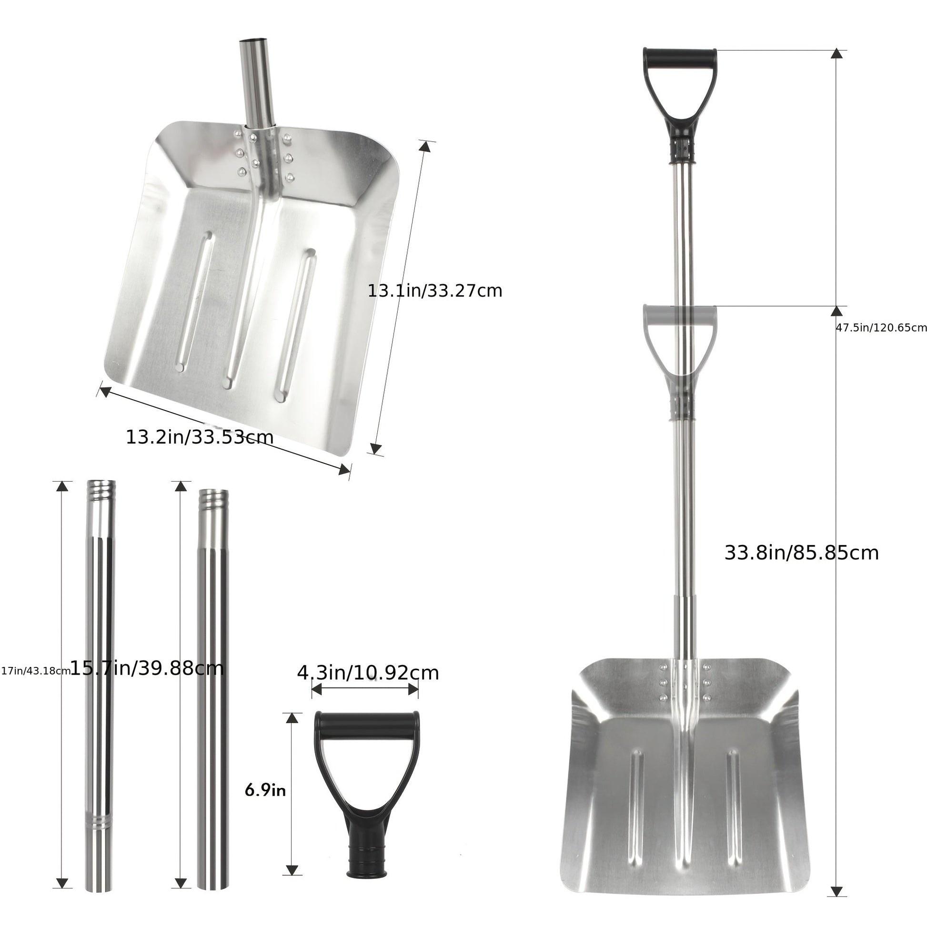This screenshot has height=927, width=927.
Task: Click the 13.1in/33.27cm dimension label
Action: pos(435,291)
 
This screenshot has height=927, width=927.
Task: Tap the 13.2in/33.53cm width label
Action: pos(200,437)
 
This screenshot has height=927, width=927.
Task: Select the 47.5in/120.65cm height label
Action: pos(881,328)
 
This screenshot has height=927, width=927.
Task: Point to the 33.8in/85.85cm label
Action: pos(801,553)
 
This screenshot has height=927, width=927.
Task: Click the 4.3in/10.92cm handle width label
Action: pos(368,673)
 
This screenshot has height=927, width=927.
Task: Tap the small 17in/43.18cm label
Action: pos(35,671)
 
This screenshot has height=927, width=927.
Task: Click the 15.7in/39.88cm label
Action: pos(147,668)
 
